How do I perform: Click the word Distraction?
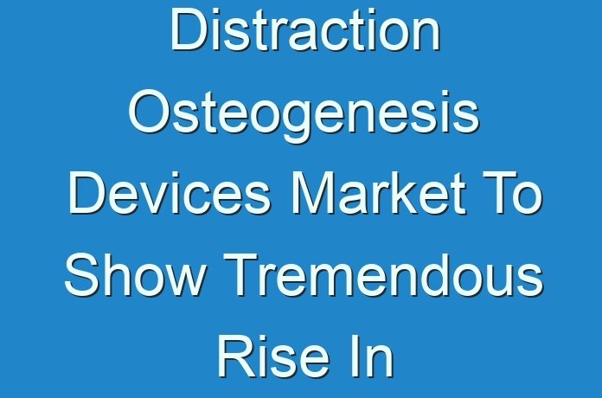[x=305, y=29]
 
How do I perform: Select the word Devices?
[x=170, y=193]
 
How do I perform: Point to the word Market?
[x=379, y=193]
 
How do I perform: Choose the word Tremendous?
[x=383, y=274]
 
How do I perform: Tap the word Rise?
[x=273, y=356]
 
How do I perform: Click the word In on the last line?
[x=372, y=356]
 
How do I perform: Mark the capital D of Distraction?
[x=189, y=29]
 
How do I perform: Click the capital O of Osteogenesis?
[x=150, y=112]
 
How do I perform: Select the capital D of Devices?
[x=88, y=193]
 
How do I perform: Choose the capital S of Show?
[x=82, y=274]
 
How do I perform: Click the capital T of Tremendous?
[x=240, y=274]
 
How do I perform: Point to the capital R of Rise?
[x=237, y=356]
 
